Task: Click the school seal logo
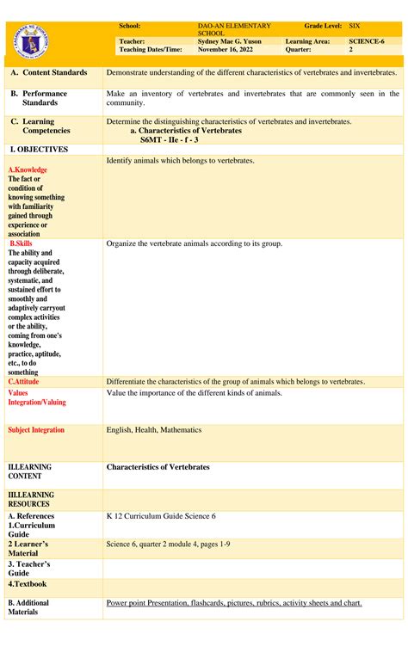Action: point(33,39)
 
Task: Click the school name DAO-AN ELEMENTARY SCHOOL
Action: point(234,29)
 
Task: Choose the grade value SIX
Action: point(354,27)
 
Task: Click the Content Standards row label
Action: point(49,73)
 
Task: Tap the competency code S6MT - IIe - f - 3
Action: point(178,139)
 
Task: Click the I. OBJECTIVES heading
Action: point(38,150)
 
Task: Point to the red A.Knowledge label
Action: point(28,170)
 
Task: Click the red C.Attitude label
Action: point(23,381)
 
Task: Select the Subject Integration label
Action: point(36,430)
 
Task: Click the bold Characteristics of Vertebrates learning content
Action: point(158,467)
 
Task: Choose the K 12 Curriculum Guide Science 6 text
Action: point(161,516)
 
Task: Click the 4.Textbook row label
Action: point(28,584)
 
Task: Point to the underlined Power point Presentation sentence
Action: point(233,603)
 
